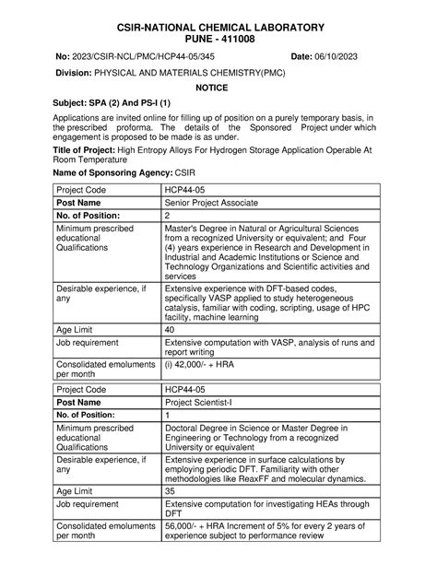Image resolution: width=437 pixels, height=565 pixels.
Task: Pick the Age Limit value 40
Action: point(170,329)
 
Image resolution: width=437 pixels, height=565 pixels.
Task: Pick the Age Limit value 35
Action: point(170,491)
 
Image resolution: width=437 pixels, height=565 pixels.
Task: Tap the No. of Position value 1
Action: point(167,415)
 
